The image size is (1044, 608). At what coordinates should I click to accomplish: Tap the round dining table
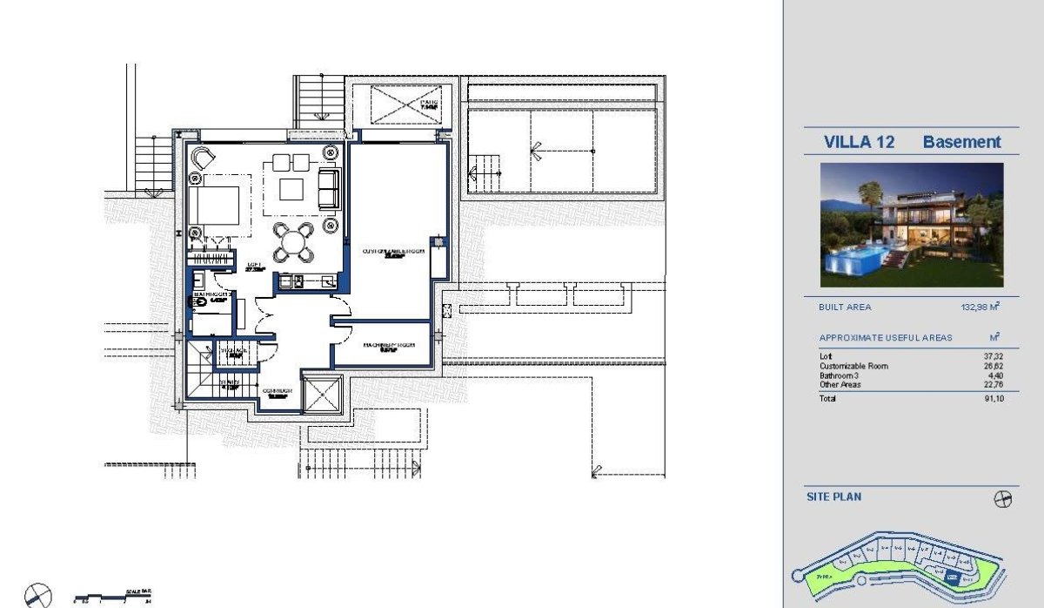292,242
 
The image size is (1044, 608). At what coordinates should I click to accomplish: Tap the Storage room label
235,353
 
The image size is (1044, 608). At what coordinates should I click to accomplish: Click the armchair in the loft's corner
203,159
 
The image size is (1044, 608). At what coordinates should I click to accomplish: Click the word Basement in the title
961,142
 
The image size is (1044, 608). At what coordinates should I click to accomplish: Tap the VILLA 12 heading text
859,142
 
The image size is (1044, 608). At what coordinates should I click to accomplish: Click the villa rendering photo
911,225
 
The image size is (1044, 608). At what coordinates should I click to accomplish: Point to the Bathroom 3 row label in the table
840,375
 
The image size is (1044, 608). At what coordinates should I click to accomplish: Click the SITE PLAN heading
833,497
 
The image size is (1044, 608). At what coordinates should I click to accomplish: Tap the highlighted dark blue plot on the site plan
954,577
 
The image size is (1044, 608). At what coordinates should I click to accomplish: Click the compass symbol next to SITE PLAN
1003,499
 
